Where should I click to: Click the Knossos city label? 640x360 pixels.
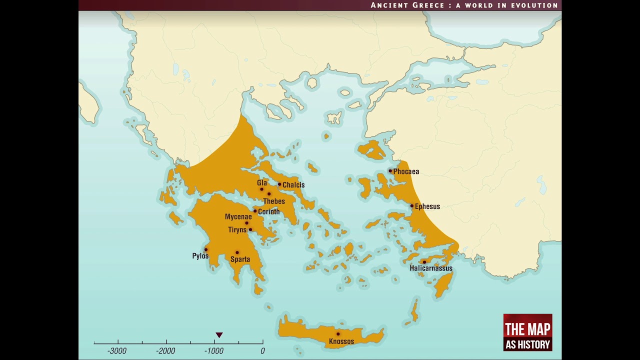pyautogui.click(x=341, y=341)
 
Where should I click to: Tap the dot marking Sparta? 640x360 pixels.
pyautogui.click(x=237, y=252)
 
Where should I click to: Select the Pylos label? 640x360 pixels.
pyautogui.click(x=200, y=256)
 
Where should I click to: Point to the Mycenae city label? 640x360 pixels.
pyautogui.click(x=238, y=216)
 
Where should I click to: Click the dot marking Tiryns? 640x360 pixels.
pyautogui.click(x=250, y=229)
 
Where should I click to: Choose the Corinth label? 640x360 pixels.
pyautogui.click(x=269, y=211)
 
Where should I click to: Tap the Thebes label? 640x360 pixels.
pyautogui.click(x=274, y=201)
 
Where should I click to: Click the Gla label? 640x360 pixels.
pyautogui.click(x=262, y=183)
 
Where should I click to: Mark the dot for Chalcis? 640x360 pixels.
pyautogui.click(x=279, y=184)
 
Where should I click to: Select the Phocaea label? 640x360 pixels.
pyautogui.click(x=406, y=171)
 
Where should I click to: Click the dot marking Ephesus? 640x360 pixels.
pyautogui.click(x=412, y=206)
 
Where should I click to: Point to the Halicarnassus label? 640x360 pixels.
pyautogui.click(x=430, y=268)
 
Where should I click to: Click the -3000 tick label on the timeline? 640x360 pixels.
pyautogui.click(x=117, y=351)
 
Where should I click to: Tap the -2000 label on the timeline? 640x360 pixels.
pyautogui.click(x=165, y=351)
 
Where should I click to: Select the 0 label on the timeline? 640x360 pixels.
pyautogui.click(x=262, y=351)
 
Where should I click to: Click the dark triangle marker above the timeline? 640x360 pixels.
pyautogui.click(x=219, y=335)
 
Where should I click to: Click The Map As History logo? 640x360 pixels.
pyautogui.click(x=527, y=332)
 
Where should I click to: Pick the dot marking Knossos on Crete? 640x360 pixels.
pyautogui.click(x=338, y=334)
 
